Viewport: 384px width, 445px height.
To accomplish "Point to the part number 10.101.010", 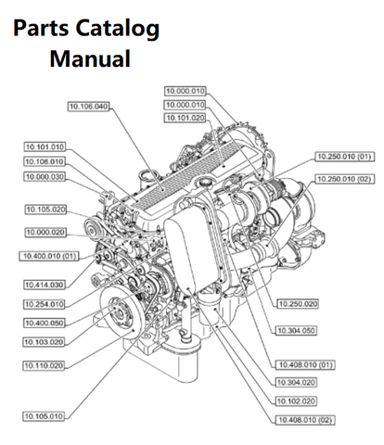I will tap(45, 146).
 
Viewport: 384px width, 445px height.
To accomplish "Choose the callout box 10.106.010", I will tap(45, 161).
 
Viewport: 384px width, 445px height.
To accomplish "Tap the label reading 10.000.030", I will tap(45, 176).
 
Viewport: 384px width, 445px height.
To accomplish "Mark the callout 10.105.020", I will tap(45, 210).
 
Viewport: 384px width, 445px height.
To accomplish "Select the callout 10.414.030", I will tap(45, 285).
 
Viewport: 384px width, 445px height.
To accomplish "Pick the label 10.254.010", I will tap(45, 303).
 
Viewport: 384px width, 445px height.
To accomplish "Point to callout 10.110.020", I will tap(45, 365).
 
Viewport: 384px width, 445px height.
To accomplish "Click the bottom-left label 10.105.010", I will tap(45, 416).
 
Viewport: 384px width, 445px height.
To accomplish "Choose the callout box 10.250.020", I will tap(299, 303).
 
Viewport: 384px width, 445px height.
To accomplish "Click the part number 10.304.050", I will tap(299, 329).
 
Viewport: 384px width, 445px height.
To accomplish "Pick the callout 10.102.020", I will tap(299, 401).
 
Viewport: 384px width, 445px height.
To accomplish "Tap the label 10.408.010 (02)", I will tap(302, 420).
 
